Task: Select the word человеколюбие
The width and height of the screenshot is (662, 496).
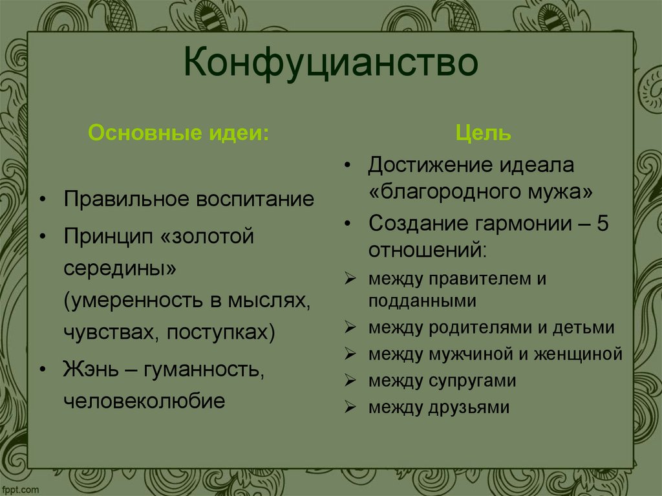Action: tap(144, 401)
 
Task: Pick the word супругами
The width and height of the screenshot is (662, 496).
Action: tap(471, 381)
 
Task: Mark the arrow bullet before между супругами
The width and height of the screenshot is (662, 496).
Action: tap(348, 381)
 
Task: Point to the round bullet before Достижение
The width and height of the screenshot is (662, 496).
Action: tap(348, 166)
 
